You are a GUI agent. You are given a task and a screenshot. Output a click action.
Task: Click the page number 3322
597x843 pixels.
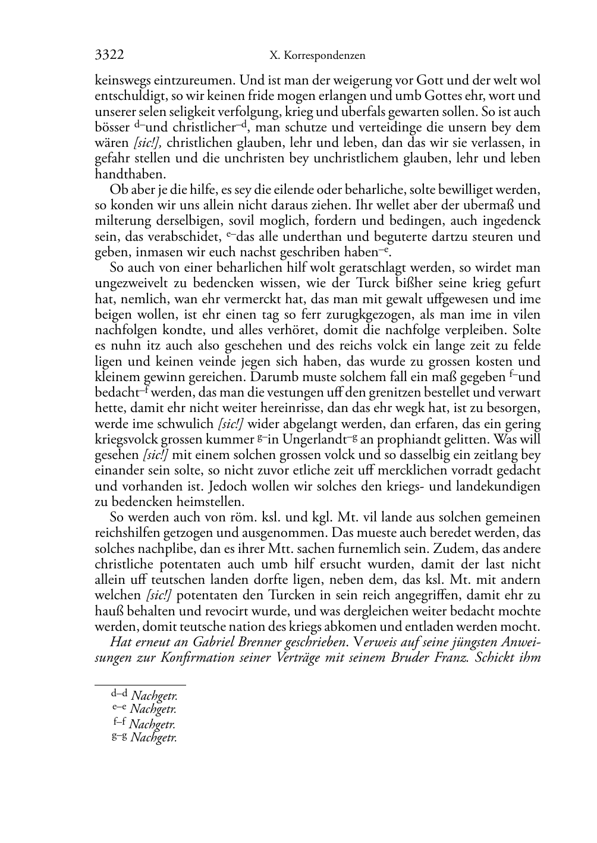point(109,55)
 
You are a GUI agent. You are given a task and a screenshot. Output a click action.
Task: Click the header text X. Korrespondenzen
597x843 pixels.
point(317,56)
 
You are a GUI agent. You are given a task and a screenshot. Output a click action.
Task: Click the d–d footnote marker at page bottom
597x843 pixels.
point(120,694)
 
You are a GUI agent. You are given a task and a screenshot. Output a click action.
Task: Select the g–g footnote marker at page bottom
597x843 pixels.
point(120,737)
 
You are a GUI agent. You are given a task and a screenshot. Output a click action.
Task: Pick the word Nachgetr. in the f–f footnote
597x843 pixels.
point(152,724)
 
